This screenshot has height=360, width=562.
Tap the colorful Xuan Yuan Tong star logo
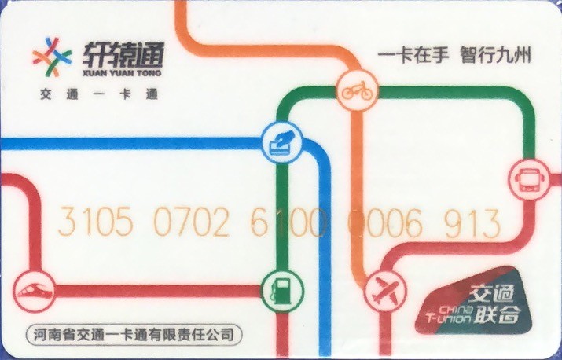click(52, 57)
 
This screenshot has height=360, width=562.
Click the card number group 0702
click(191, 223)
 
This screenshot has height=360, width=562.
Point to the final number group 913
click(472, 223)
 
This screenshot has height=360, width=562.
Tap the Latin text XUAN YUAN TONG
click(120, 72)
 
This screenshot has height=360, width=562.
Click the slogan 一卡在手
click(413, 57)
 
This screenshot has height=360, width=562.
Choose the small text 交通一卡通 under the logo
click(99, 95)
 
